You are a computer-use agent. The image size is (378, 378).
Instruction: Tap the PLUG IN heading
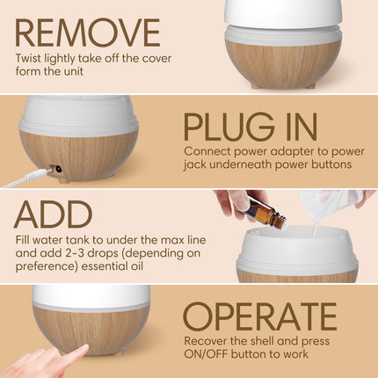tap(250, 127)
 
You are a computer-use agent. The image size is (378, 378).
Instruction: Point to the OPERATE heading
tap(259, 316)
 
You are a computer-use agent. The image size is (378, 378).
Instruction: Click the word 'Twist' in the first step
tap(29, 60)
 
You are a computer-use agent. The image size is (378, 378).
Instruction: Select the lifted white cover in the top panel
tap(282, 12)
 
